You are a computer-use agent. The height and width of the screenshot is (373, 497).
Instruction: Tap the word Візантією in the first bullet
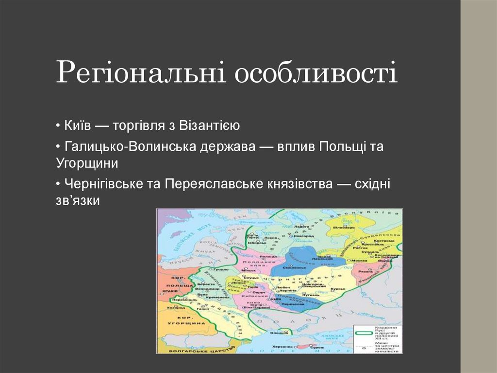tap(210, 126)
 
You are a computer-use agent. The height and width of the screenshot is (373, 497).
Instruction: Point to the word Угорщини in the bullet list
tap(87, 163)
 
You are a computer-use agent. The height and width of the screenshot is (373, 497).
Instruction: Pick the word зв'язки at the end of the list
tap(78, 200)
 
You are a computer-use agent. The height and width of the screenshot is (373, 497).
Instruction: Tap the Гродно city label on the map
tap(221, 269)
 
